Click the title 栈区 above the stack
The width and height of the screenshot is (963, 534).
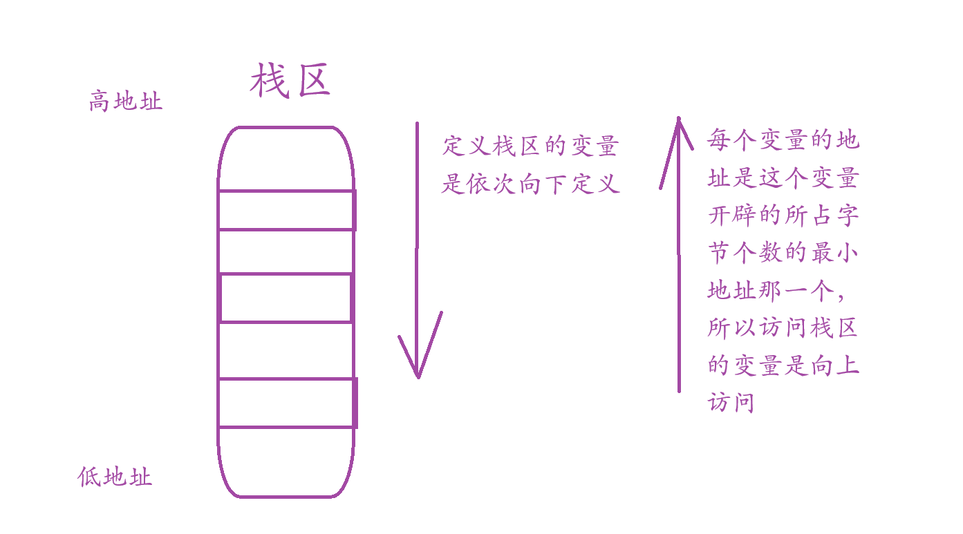point(290,81)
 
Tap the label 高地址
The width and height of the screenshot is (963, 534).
point(126,102)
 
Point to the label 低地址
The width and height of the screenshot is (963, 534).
point(115,477)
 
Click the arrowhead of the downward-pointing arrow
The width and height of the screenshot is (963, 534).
point(419,359)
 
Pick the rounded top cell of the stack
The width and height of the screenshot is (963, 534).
point(286,159)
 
